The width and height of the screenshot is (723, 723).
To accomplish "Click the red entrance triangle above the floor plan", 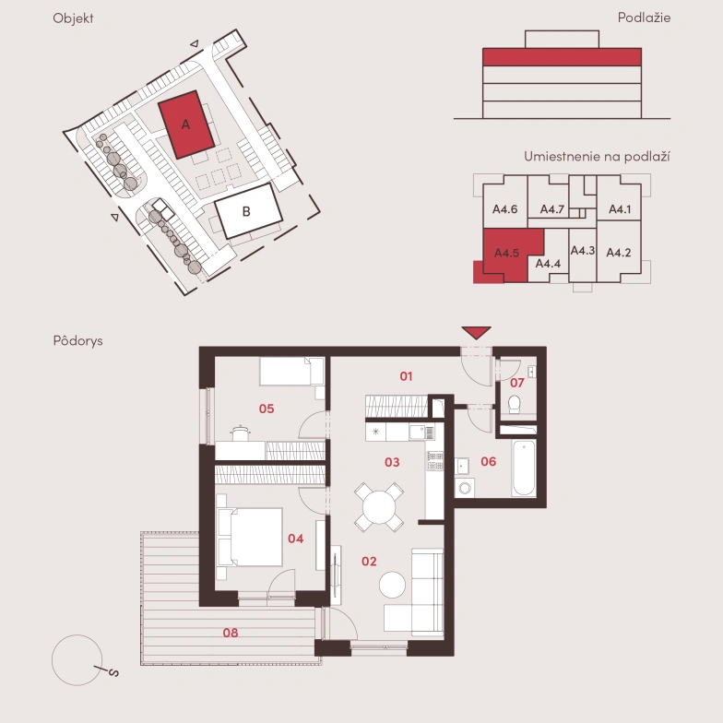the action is click(476, 332).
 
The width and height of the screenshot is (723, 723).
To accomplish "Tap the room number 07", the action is click(516, 383).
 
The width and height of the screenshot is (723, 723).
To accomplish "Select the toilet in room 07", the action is click(515, 404).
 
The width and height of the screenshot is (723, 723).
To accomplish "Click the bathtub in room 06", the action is click(524, 468).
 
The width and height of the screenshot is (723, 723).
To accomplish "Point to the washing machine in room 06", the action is click(465, 487).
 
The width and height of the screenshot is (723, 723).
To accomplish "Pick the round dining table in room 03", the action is click(379, 507).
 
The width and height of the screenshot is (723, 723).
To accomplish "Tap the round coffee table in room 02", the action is click(393, 585).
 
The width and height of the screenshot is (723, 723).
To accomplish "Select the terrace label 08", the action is click(231, 633).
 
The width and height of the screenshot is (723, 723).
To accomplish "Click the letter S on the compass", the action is click(113, 673).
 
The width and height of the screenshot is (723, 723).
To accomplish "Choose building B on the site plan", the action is click(249, 210).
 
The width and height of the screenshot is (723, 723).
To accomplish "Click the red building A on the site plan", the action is click(186, 124).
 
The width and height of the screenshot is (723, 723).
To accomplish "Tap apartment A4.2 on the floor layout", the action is click(618, 253).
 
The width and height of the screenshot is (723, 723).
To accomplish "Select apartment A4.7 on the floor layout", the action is click(551, 209).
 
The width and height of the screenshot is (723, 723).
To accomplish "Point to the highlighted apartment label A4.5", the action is click(506, 253).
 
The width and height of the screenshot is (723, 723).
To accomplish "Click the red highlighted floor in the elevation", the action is click(563, 57).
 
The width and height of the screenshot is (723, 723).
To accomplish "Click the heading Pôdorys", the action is click(77, 341).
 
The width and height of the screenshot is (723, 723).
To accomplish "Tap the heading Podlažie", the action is click(644, 18).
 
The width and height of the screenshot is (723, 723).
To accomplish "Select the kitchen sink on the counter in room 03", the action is click(419, 432).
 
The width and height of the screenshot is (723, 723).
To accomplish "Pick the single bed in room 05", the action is click(291, 371).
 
